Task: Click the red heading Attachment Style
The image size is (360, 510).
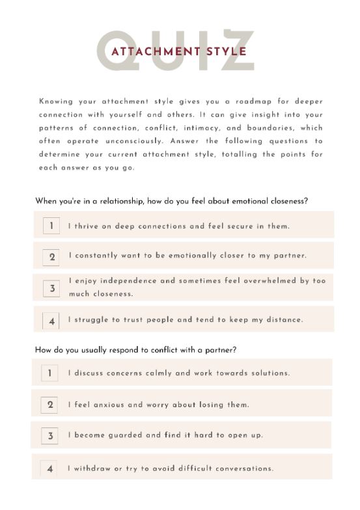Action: tap(179, 51)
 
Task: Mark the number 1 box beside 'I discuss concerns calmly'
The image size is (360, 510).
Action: tap(50, 373)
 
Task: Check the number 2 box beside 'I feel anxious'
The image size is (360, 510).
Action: tap(51, 405)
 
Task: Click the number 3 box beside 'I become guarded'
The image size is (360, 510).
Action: tap(51, 436)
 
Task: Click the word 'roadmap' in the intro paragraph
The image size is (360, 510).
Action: tap(263, 102)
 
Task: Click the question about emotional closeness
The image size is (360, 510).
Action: tap(171, 201)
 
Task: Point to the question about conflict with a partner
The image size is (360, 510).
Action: tap(135, 350)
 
